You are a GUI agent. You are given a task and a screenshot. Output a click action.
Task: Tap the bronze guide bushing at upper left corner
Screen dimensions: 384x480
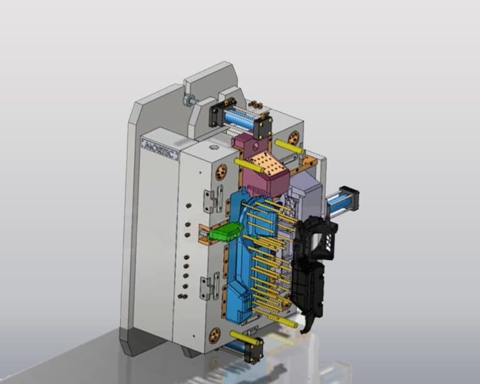click(x=221, y=172)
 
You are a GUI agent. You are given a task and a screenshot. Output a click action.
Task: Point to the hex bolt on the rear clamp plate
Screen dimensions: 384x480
click(x=188, y=99)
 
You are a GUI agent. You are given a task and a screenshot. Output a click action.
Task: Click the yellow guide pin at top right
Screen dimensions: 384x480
click(x=289, y=147)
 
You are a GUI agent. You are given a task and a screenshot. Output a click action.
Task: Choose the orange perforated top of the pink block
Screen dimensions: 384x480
click(x=267, y=163)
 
